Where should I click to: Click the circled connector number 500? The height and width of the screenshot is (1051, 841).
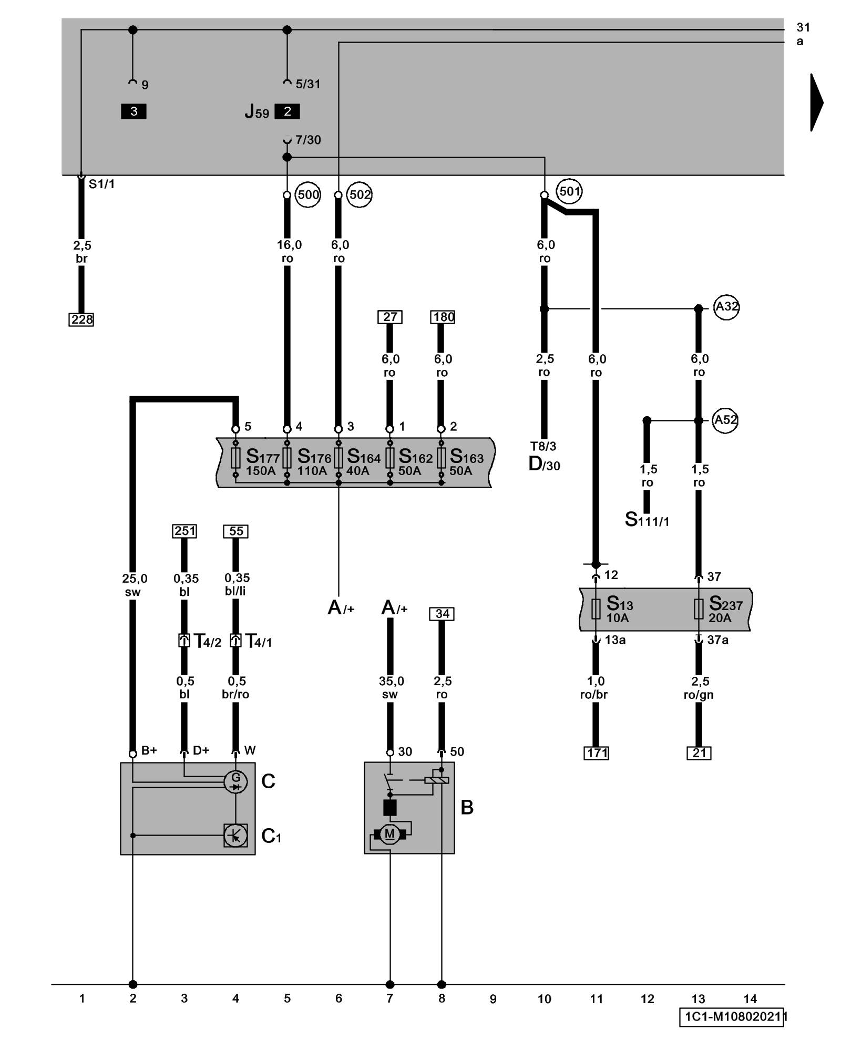(308, 195)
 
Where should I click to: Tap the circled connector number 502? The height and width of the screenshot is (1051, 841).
(360, 195)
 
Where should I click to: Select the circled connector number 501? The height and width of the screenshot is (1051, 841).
(569, 191)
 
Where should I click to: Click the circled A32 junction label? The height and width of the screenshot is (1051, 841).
(726, 306)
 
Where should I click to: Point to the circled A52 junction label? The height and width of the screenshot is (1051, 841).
(725, 420)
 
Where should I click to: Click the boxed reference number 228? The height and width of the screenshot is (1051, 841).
(81, 320)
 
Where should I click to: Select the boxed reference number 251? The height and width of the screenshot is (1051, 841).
(184, 531)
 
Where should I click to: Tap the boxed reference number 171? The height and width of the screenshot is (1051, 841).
(597, 753)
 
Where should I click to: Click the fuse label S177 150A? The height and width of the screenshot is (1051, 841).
(262, 462)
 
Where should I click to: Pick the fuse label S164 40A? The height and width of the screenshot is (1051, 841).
(363, 462)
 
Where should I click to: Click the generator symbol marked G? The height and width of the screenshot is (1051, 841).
(235, 781)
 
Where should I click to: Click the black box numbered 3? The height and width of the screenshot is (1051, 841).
(134, 111)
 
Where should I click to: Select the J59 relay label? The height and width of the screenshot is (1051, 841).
(257, 112)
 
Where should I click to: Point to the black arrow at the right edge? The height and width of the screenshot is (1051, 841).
(816, 102)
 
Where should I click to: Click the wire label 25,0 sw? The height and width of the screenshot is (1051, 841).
(134, 585)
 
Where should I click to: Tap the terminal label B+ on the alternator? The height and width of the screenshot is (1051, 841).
(149, 750)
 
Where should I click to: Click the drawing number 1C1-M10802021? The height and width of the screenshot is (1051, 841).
(732, 1017)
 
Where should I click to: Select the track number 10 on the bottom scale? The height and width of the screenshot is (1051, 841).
(545, 999)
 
